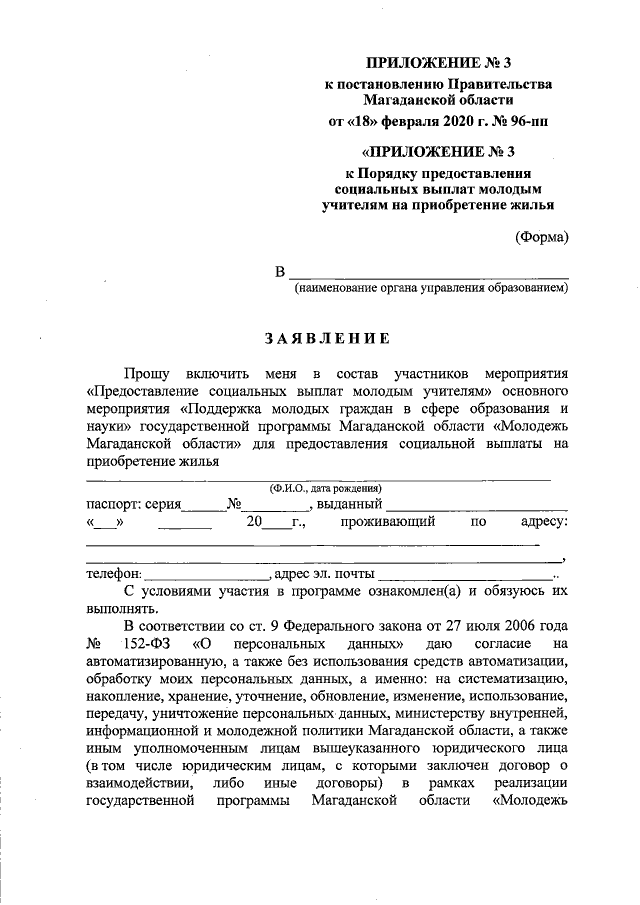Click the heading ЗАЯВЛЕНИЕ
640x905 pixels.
(327, 338)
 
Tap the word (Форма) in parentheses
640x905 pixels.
(542, 237)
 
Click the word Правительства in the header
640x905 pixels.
(497, 84)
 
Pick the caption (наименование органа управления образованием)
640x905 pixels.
(431, 289)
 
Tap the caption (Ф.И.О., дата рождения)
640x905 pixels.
(326, 488)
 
